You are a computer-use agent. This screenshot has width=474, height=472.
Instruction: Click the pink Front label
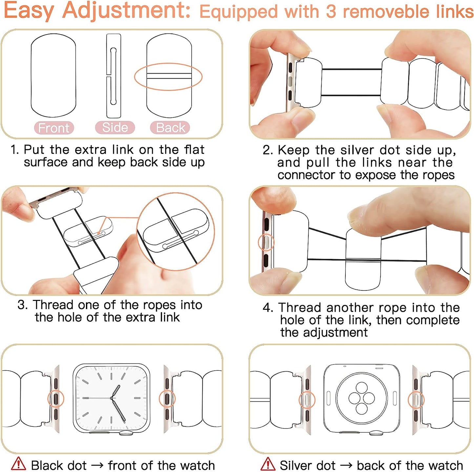54,128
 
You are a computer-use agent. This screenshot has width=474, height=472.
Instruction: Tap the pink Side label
115,128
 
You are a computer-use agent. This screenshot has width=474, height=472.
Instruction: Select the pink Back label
170,128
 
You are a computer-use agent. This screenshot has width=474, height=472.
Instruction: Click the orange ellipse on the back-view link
168,77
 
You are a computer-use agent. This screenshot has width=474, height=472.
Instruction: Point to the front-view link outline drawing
53,75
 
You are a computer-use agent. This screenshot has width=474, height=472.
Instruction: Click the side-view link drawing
113,76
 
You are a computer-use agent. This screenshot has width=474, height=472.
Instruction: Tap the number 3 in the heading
331,11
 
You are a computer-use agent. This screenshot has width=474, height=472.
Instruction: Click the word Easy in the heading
29,10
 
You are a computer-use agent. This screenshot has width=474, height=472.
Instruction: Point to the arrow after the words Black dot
97,465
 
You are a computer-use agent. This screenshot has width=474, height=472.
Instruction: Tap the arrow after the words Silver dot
346,465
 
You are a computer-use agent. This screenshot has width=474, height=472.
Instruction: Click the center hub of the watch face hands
112,398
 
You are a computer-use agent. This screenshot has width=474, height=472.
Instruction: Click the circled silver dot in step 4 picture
266,243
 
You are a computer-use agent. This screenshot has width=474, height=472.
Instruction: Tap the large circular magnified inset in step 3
176,231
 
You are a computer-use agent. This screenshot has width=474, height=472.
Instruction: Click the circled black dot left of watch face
56,398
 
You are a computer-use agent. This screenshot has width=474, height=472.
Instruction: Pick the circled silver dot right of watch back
416,400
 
